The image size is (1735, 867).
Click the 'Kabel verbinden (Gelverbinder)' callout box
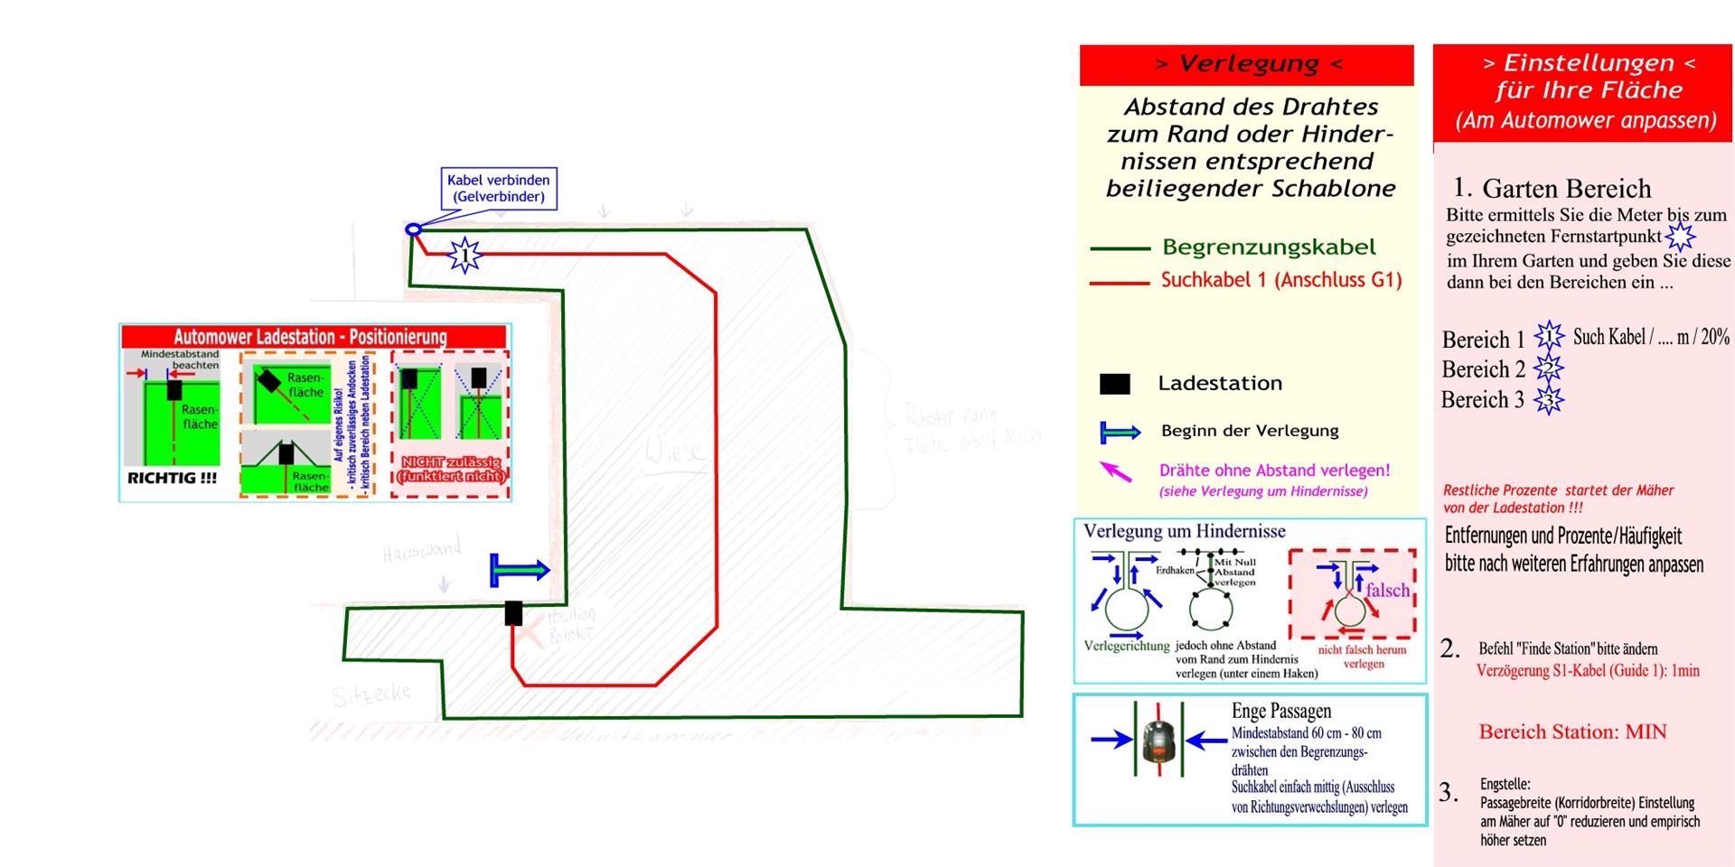point(499,189)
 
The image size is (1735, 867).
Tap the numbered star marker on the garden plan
point(464,256)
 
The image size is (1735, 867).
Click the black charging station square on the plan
point(513,613)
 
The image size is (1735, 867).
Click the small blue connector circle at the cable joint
point(413,229)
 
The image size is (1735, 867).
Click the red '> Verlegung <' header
point(1247,64)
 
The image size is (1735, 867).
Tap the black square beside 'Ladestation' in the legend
point(1114,384)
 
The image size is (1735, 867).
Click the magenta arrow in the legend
point(1116,471)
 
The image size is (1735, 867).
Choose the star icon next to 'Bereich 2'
point(1548,368)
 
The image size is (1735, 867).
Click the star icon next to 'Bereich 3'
point(1548,399)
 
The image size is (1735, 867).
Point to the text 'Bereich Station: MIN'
point(1572,732)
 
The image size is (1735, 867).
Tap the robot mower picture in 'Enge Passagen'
point(1158,740)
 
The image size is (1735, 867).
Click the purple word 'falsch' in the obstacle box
point(1387,590)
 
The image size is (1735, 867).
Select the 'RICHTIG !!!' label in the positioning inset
point(173,478)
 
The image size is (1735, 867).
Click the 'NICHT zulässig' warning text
point(451,462)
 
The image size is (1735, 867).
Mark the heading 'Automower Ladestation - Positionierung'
point(310,337)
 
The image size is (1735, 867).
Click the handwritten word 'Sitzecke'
point(370,695)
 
